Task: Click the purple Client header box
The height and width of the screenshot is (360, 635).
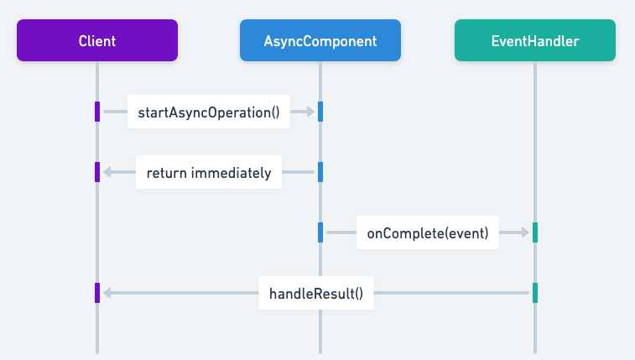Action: pos(97,40)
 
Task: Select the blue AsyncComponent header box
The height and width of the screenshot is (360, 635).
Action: pos(320,40)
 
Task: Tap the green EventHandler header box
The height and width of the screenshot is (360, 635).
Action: pos(534,40)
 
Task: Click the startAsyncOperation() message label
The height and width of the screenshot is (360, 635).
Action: pos(209,112)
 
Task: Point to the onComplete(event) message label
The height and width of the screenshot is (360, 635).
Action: pos(428,232)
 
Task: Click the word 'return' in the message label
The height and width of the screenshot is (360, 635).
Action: pos(166,173)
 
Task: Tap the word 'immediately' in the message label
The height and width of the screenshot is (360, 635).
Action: pos(232,173)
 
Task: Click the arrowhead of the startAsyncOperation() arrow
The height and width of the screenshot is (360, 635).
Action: pos(310,112)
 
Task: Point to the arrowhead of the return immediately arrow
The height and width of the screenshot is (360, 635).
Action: pos(107,172)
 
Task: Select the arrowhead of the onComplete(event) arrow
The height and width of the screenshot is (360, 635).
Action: pos(525,232)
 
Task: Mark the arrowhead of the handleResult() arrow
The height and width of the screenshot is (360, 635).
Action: pos(107,293)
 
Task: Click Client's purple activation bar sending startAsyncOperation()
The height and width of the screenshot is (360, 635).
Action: pos(97,112)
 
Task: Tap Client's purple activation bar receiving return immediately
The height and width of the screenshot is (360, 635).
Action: pos(97,172)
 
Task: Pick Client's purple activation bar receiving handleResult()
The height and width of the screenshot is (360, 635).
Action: pos(97,293)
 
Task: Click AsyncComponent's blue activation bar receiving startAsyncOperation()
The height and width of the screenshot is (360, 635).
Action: pos(320,112)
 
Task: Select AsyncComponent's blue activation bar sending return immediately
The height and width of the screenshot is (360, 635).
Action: pos(320,172)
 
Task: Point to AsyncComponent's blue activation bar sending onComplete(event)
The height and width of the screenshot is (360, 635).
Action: pos(320,232)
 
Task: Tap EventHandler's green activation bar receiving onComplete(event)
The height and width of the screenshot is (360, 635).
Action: pos(534,232)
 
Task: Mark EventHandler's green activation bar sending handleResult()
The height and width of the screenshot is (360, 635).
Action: pos(534,293)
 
